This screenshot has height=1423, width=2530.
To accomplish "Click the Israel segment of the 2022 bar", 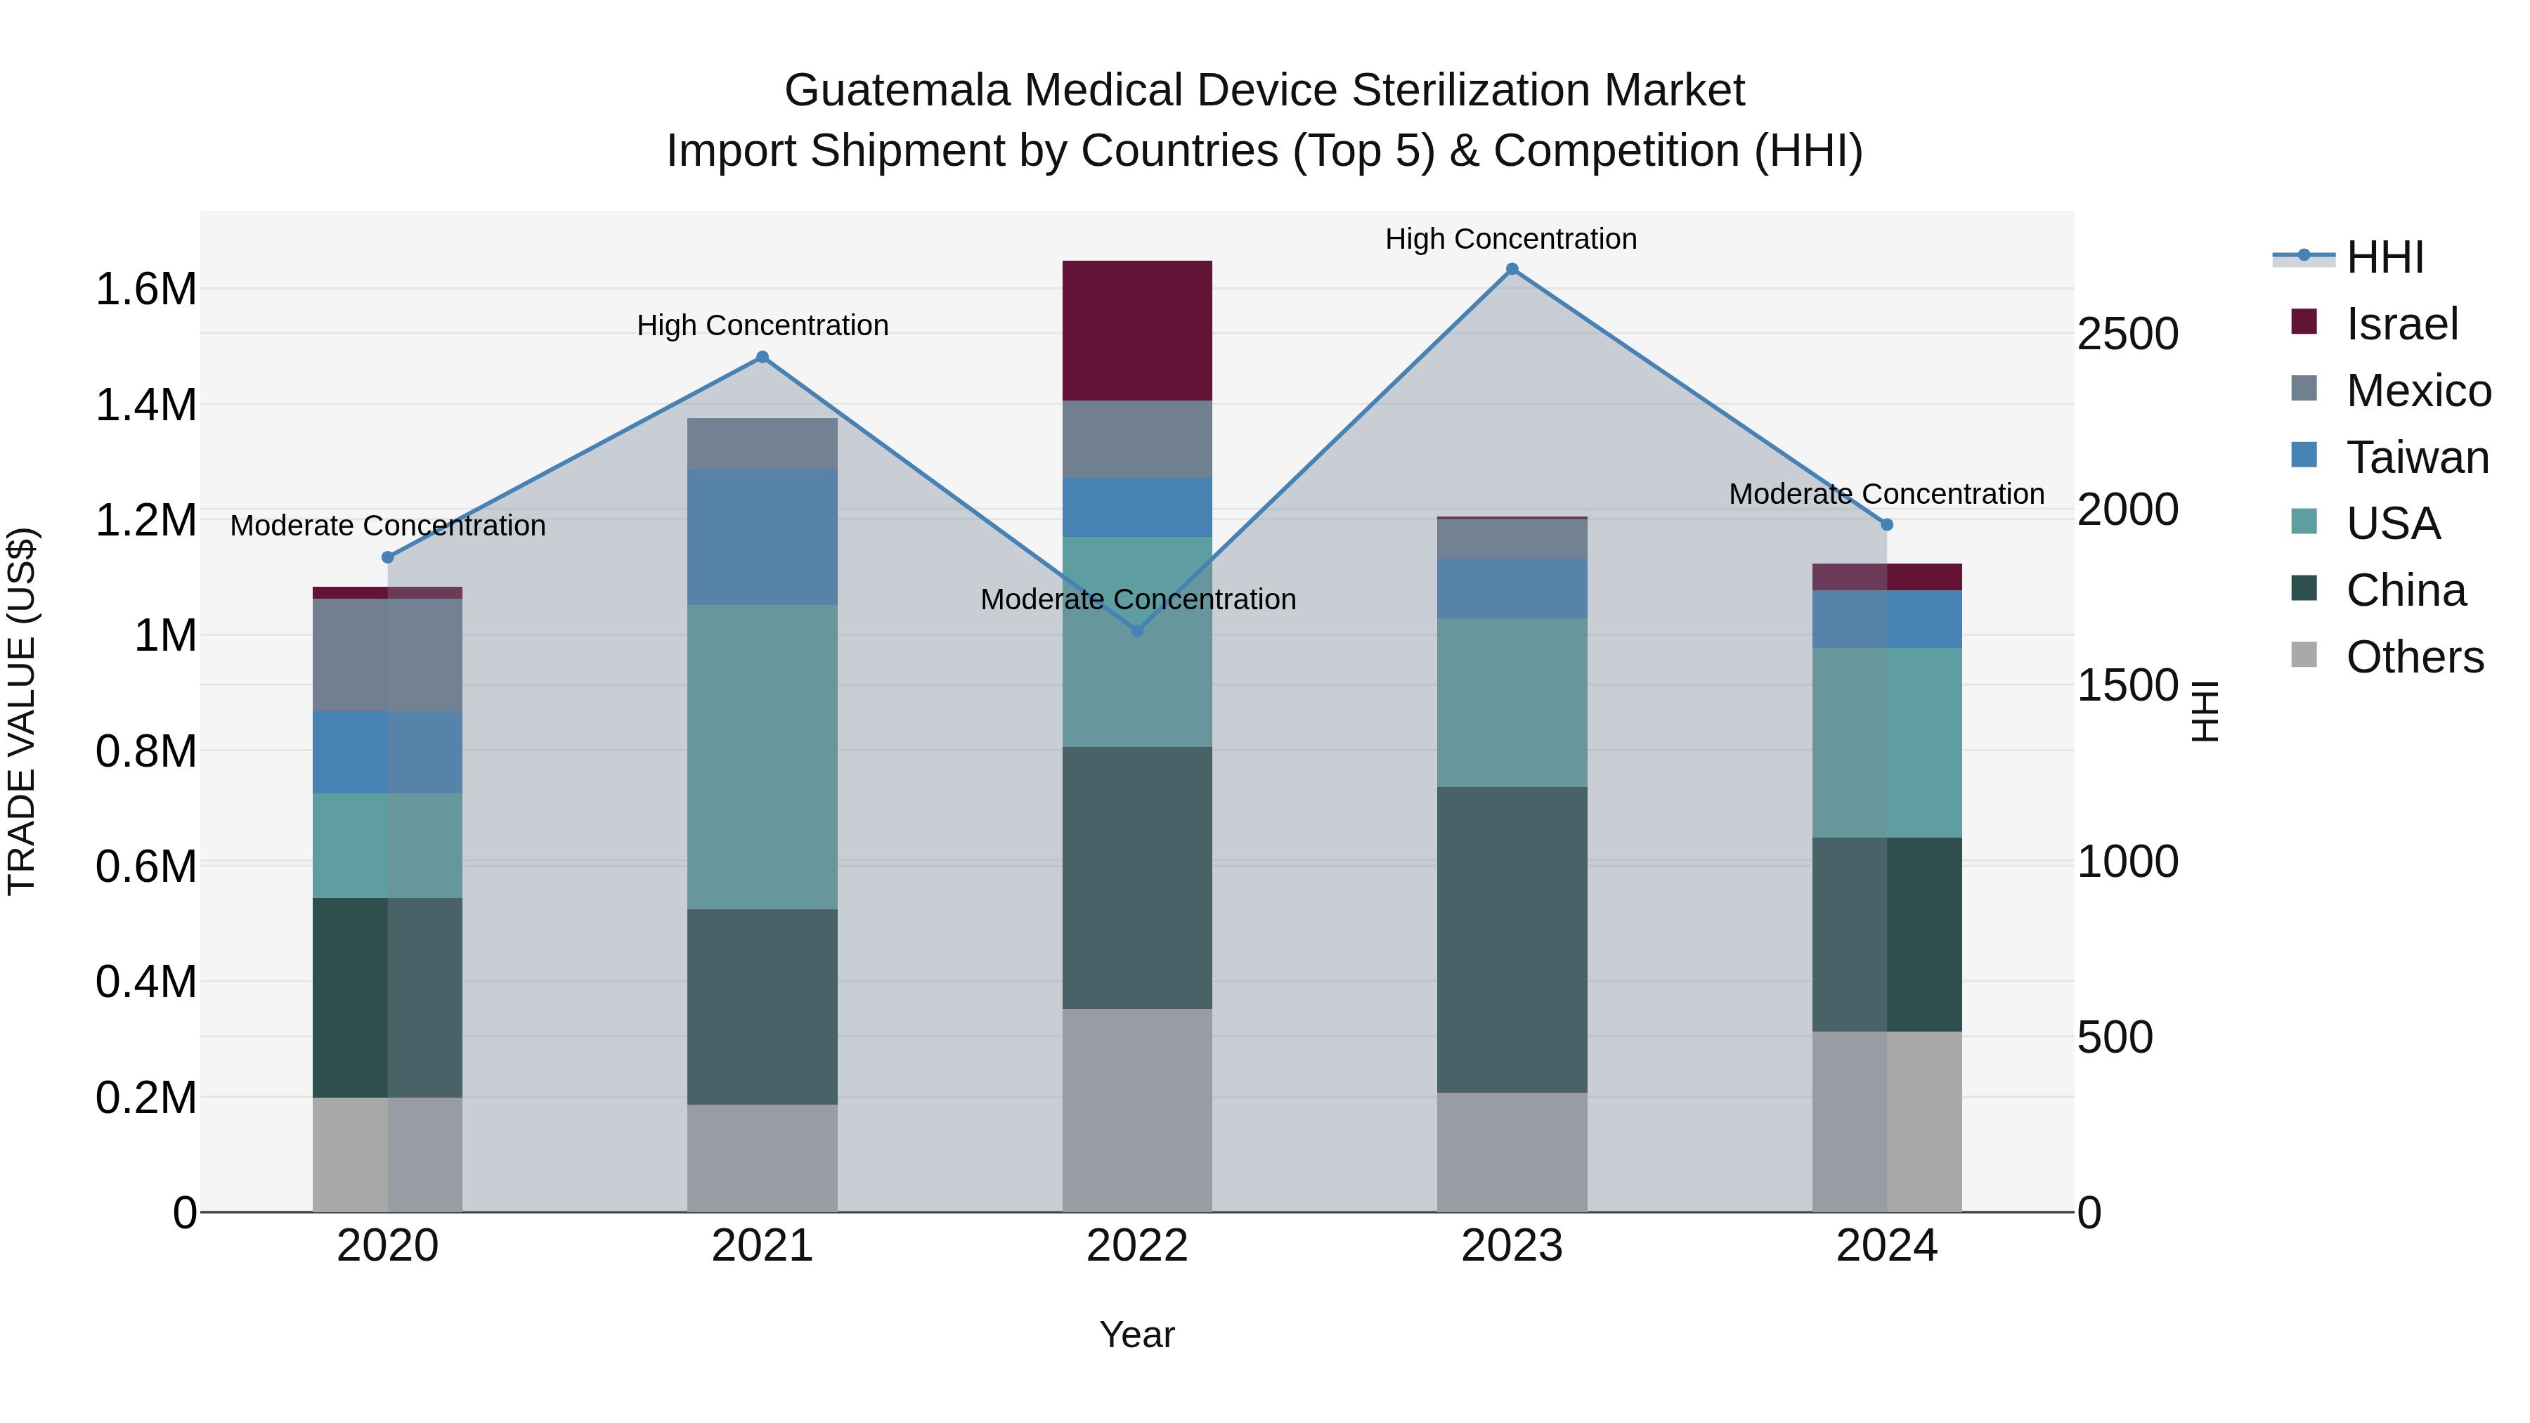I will click(1136, 330).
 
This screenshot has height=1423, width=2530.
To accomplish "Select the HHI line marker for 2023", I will click(1512, 269).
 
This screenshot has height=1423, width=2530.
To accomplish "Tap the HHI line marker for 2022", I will click(1137, 630).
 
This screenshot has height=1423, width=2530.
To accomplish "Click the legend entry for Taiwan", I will click(2416, 457).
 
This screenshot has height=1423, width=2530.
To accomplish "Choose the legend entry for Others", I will click(2414, 657).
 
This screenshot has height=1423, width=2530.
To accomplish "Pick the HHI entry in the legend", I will click(2384, 257).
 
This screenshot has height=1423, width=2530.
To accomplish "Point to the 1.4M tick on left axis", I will click(145, 405).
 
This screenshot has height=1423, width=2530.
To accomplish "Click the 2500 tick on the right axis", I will click(2127, 334).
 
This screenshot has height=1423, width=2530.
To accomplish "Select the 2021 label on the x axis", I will click(761, 1246).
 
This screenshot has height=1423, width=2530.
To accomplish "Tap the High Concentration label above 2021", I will click(762, 325).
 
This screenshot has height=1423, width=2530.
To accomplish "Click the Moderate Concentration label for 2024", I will click(1886, 494).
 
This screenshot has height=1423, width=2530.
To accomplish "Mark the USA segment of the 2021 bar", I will click(761, 756).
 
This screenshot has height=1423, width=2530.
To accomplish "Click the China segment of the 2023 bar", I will click(1512, 939).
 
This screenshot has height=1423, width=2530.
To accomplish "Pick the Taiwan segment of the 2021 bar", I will click(761, 536).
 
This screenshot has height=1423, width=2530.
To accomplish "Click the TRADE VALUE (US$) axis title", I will click(22, 711).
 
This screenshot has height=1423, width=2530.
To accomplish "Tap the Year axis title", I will click(1136, 1334).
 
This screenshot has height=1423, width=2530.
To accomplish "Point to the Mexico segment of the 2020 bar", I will click(387, 654).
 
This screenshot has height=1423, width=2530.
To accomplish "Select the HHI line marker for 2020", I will click(387, 557).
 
